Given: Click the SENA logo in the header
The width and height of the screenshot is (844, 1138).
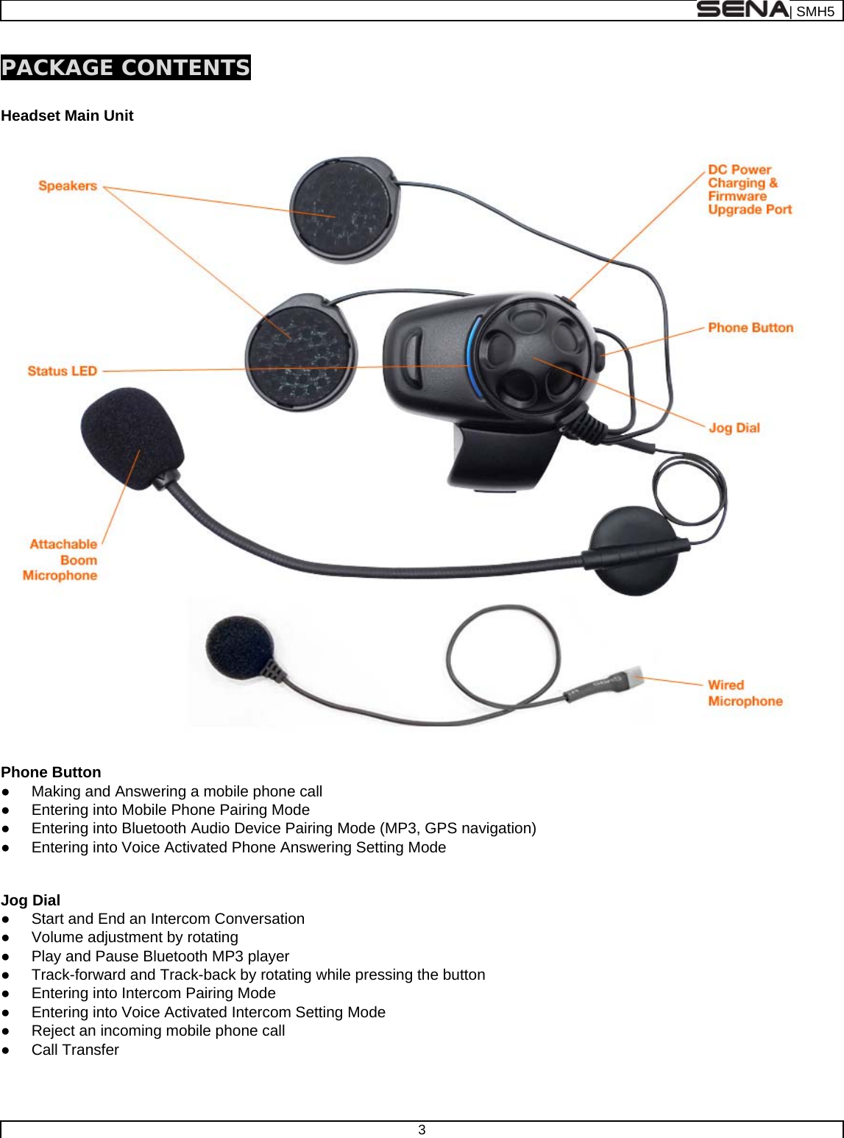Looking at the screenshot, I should (x=742, y=10).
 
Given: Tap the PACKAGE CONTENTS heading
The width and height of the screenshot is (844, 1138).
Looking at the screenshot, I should (x=126, y=68).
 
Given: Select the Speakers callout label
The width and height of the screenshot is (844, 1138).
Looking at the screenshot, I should (x=68, y=186).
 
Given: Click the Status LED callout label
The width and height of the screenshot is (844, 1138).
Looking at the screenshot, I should (x=63, y=371).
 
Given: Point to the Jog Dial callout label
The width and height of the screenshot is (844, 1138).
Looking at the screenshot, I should (x=734, y=428).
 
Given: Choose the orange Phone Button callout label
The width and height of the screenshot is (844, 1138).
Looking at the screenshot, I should (x=751, y=328).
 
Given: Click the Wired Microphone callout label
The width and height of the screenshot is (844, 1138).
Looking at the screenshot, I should (x=745, y=693).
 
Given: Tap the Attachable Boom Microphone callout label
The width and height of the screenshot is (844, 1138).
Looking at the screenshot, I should (x=62, y=560).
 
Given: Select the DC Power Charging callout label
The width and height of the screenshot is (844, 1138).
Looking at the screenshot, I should (x=749, y=190).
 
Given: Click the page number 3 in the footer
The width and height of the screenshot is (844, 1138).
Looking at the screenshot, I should (x=422, y=1130).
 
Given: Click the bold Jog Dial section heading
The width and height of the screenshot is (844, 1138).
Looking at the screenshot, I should (x=31, y=900).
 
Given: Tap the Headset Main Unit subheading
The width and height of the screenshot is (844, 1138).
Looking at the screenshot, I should (x=67, y=116).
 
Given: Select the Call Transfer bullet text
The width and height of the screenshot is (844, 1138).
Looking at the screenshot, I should (x=75, y=1050).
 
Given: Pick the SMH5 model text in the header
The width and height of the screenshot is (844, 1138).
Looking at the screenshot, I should (x=815, y=11).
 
